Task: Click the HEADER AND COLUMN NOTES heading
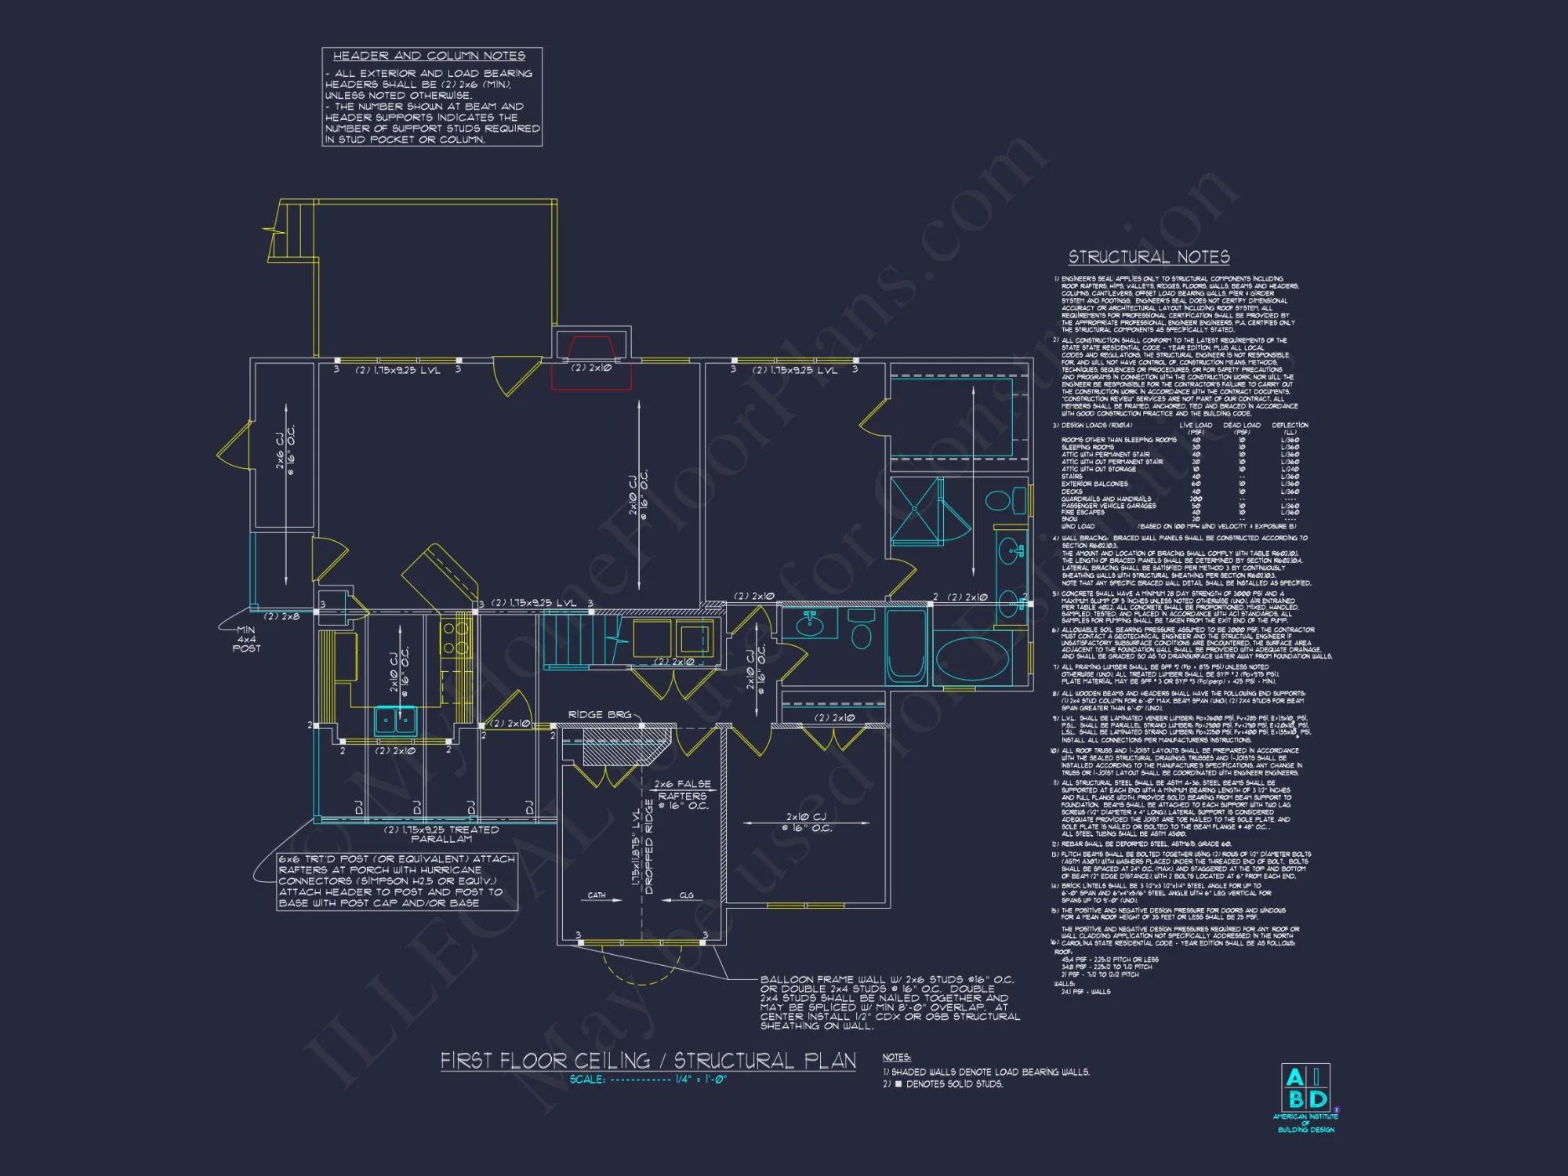click(429, 56)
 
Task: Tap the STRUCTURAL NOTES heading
click(1149, 257)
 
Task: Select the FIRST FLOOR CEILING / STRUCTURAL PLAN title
click(648, 1061)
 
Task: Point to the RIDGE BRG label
click(599, 714)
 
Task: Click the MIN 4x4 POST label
click(246, 639)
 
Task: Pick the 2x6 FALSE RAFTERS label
click(682, 794)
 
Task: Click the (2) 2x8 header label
click(281, 616)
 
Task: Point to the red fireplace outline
click(592, 361)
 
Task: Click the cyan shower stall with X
click(916, 510)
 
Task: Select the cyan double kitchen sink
click(395, 720)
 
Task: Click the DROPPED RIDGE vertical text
click(648, 847)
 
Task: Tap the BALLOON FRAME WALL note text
click(889, 1002)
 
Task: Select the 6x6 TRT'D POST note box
click(397, 881)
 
